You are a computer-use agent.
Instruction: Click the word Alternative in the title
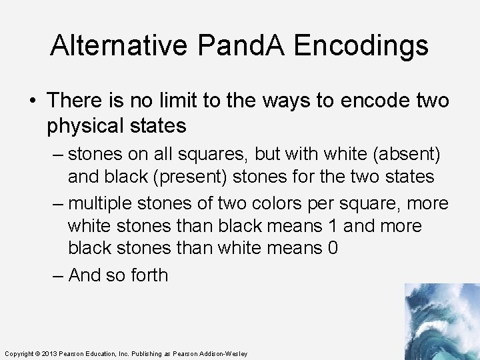(x=119, y=46)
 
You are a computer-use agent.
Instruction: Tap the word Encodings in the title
(x=361, y=46)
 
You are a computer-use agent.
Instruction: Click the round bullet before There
(x=33, y=101)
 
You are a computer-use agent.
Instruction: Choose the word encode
(x=371, y=101)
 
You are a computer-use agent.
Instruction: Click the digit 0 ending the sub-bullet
(x=332, y=249)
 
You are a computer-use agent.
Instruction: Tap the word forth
(x=145, y=274)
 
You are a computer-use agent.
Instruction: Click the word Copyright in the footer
(x=19, y=353)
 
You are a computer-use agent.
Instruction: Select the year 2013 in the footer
(x=50, y=353)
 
